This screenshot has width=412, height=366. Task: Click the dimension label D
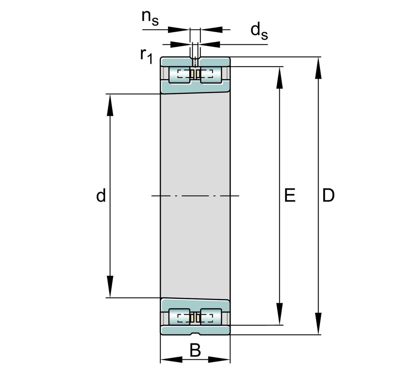click(x=328, y=195)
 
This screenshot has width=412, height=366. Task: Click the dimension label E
click(x=290, y=195)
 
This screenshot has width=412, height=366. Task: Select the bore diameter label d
click(x=101, y=195)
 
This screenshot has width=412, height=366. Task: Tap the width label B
click(x=195, y=351)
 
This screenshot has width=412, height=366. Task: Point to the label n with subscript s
click(x=150, y=18)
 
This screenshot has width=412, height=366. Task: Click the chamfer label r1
click(x=146, y=55)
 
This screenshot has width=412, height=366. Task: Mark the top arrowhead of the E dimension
click(x=280, y=78)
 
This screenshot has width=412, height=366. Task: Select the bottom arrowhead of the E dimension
click(x=280, y=314)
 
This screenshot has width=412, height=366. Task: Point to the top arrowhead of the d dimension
click(x=110, y=105)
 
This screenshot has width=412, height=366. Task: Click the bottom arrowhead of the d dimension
click(x=110, y=286)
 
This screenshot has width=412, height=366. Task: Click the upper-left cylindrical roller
click(x=180, y=75)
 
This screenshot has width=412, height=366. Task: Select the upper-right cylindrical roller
click(x=211, y=75)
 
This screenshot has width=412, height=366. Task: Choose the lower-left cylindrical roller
click(x=180, y=317)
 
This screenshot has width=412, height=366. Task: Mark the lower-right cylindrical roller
click(x=211, y=317)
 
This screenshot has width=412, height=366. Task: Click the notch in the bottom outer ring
click(x=195, y=333)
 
